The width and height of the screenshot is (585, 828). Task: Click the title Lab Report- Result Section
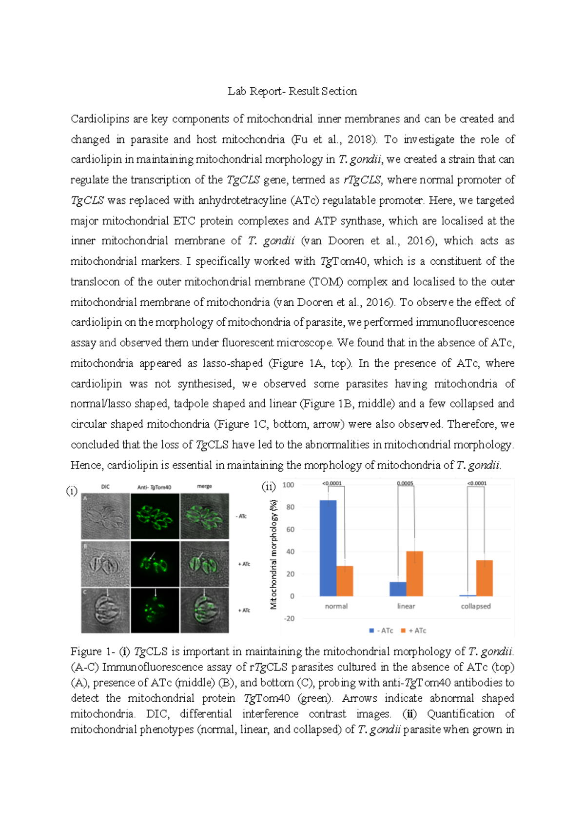click(x=292, y=91)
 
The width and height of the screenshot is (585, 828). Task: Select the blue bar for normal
click(x=328, y=548)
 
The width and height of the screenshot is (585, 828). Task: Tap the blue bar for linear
click(x=398, y=589)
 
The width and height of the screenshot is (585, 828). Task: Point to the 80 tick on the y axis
click(x=290, y=507)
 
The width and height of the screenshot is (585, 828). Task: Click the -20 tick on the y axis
click(x=289, y=618)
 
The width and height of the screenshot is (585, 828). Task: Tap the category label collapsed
click(x=475, y=606)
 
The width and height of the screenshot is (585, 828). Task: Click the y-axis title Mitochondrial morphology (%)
click(x=273, y=554)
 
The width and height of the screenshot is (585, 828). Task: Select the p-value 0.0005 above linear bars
click(x=405, y=483)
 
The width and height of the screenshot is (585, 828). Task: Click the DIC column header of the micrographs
click(x=105, y=487)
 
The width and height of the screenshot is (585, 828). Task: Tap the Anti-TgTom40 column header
click(x=154, y=487)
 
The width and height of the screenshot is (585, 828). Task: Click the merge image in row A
click(x=204, y=516)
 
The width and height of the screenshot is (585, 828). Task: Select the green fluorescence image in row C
click(x=155, y=610)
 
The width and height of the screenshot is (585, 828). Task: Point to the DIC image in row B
click(x=105, y=563)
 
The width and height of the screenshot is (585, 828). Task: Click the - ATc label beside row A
click(x=241, y=516)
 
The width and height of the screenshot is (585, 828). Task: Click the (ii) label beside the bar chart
click(x=269, y=486)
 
